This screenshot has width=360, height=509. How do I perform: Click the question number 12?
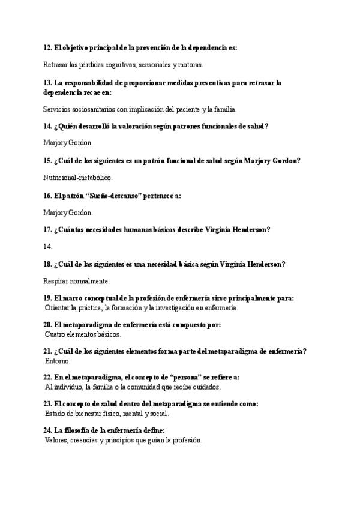tap(47, 47)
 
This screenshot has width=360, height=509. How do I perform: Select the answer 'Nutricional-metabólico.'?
tap(78, 178)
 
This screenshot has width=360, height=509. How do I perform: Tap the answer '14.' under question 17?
tap(48, 246)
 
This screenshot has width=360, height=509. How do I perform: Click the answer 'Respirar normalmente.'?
tap(76, 280)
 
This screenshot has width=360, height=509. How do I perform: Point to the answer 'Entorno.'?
tap(58, 361)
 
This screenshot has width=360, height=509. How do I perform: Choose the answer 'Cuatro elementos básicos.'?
tap(83, 334)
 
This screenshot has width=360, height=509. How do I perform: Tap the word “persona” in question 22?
tap(185, 377)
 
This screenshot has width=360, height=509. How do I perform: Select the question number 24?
tap(47, 430)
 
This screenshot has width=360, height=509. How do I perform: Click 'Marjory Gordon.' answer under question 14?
tap(68, 143)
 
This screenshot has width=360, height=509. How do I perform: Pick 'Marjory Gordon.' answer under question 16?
tap(68, 212)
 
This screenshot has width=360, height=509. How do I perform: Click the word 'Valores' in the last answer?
tap(56, 439)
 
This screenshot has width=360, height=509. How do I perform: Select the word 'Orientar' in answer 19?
tap(58, 307)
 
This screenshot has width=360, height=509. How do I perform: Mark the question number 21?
tap(47, 351)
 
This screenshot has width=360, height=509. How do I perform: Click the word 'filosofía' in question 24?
tap(79, 430)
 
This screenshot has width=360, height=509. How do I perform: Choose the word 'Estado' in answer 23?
tap(55, 413)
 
